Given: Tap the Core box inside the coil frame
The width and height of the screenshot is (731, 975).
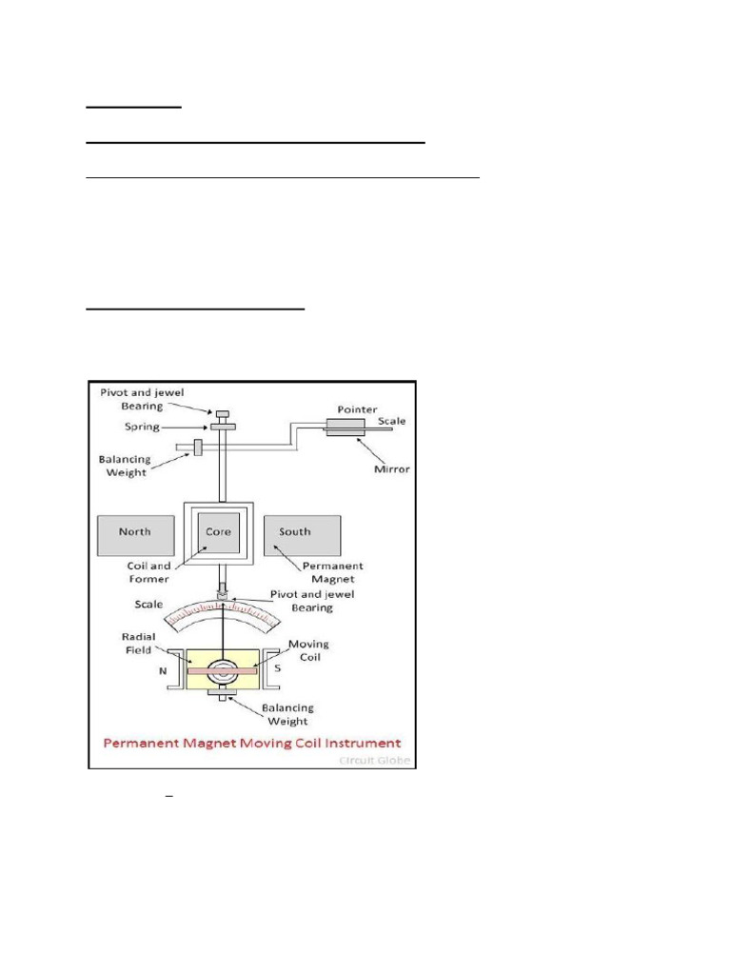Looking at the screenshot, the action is click(x=219, y=533).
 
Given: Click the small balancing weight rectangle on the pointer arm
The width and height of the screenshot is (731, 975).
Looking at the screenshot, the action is click(x=198, y=448).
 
